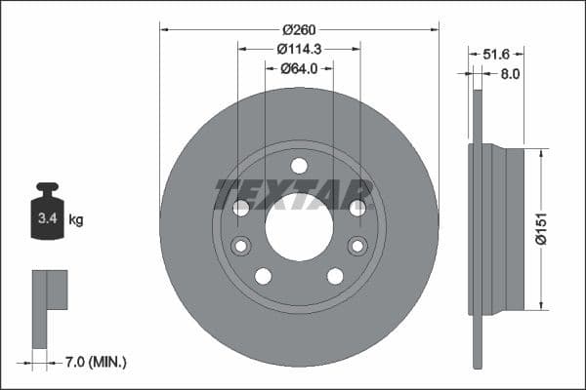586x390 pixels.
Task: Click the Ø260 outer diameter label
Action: click(x=299, y=29)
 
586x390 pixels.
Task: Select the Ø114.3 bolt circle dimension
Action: click(x=299, y=49)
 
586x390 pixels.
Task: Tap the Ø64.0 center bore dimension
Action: click(x=299, y=68)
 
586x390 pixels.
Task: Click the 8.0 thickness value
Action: click(x=510, y=73)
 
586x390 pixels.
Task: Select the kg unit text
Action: click(x=76, y=219)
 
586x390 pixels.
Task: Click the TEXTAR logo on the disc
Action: click(x=293, y=194)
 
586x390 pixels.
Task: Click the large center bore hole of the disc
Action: click(x=299, y=227)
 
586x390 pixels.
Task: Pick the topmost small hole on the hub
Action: click(x=299, y=165)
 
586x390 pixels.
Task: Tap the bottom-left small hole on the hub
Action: click(x=263, y=276)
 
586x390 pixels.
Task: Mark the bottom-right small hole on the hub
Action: click(x=335, y=276)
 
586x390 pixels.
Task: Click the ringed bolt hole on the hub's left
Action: click(x=240, y=246)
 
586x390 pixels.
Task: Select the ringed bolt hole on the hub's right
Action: click(x=357, y=246)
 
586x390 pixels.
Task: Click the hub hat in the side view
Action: click(x=503, y=230)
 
